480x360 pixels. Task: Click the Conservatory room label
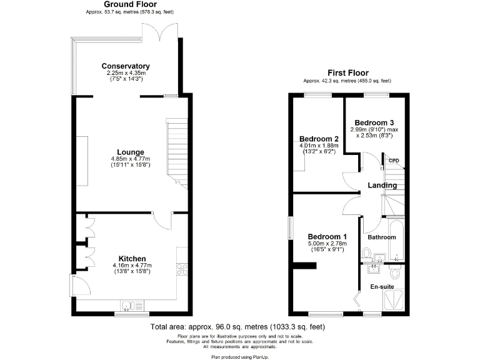[x=126, y=66]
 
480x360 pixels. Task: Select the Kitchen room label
[x=132, y=259]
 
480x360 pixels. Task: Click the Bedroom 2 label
[x=319, y=139]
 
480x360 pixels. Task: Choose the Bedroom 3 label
[x=374, y=122]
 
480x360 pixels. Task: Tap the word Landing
[x=382, y=185]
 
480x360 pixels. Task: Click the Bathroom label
[x=381, y=237]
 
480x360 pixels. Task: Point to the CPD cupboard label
[x=394, y=161]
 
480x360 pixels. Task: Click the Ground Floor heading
[x=126, y=4]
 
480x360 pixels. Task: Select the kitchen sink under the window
[x=129, y=305]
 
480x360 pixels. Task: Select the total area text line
[x=237, y=327]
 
